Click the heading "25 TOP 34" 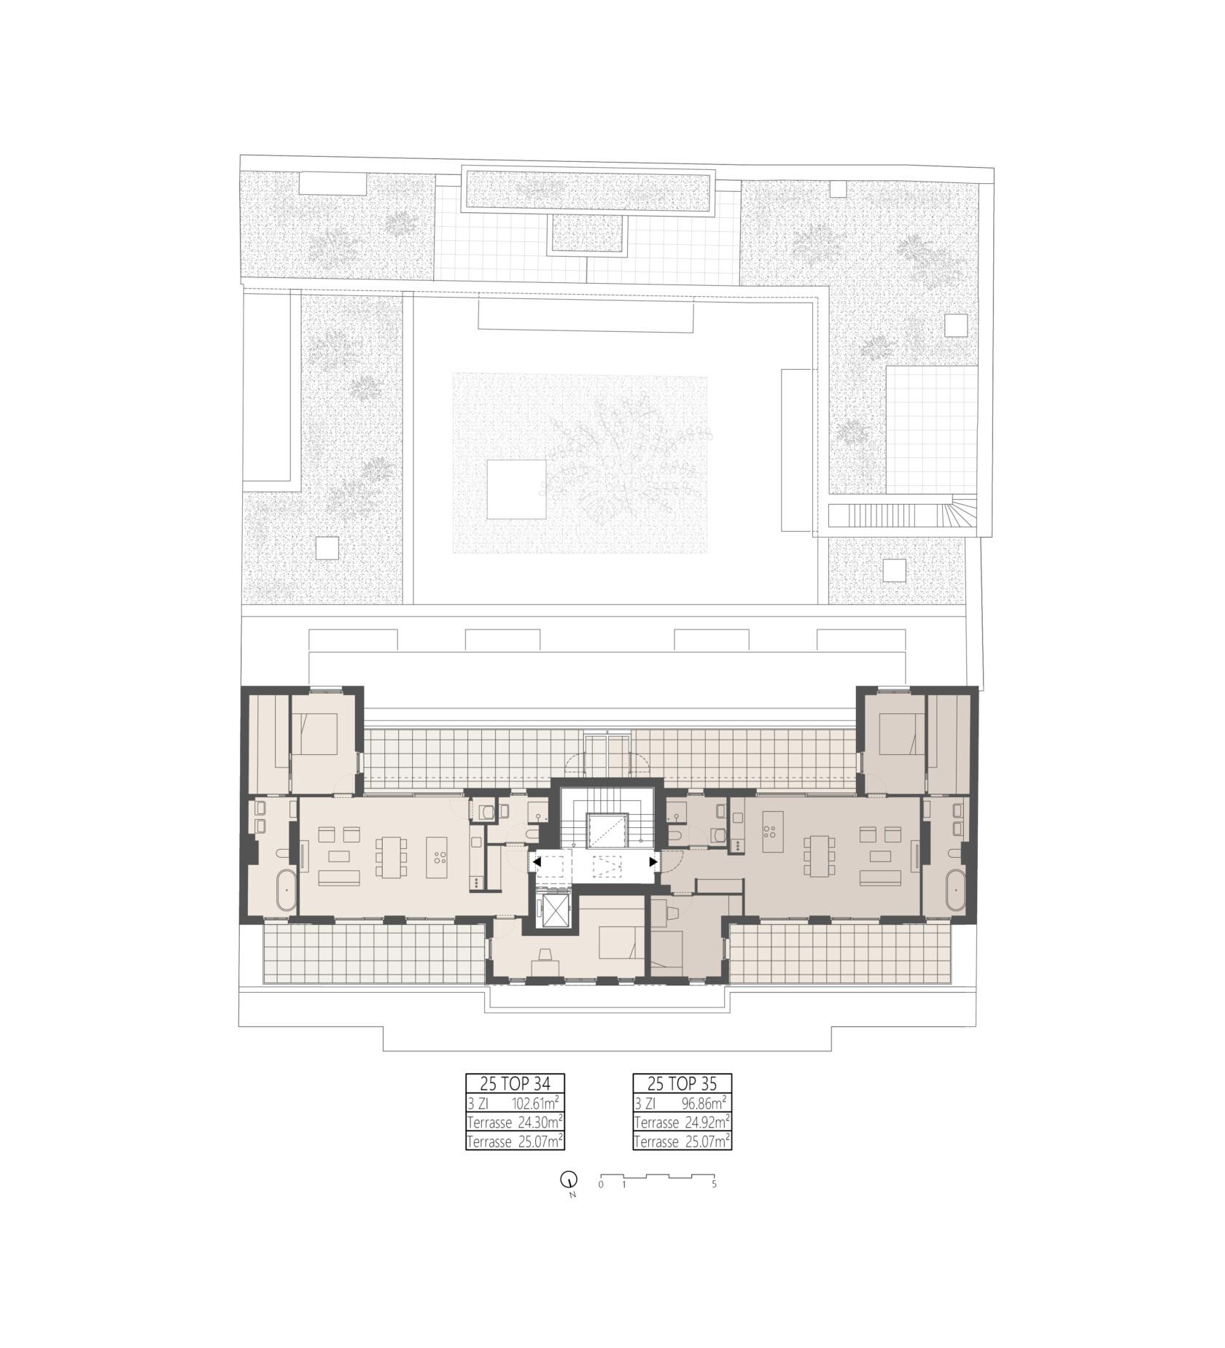[x=515, y=1083]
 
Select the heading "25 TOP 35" [x=682, y=1083]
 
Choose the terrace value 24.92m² [x=706, y=1122]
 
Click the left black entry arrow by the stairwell [x=537, y=862]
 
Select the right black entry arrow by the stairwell [x=653, y=862]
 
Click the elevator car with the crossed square [x=551, y=908]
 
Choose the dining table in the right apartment [x=817, y=856]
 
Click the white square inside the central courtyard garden [x=516, y=489]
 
